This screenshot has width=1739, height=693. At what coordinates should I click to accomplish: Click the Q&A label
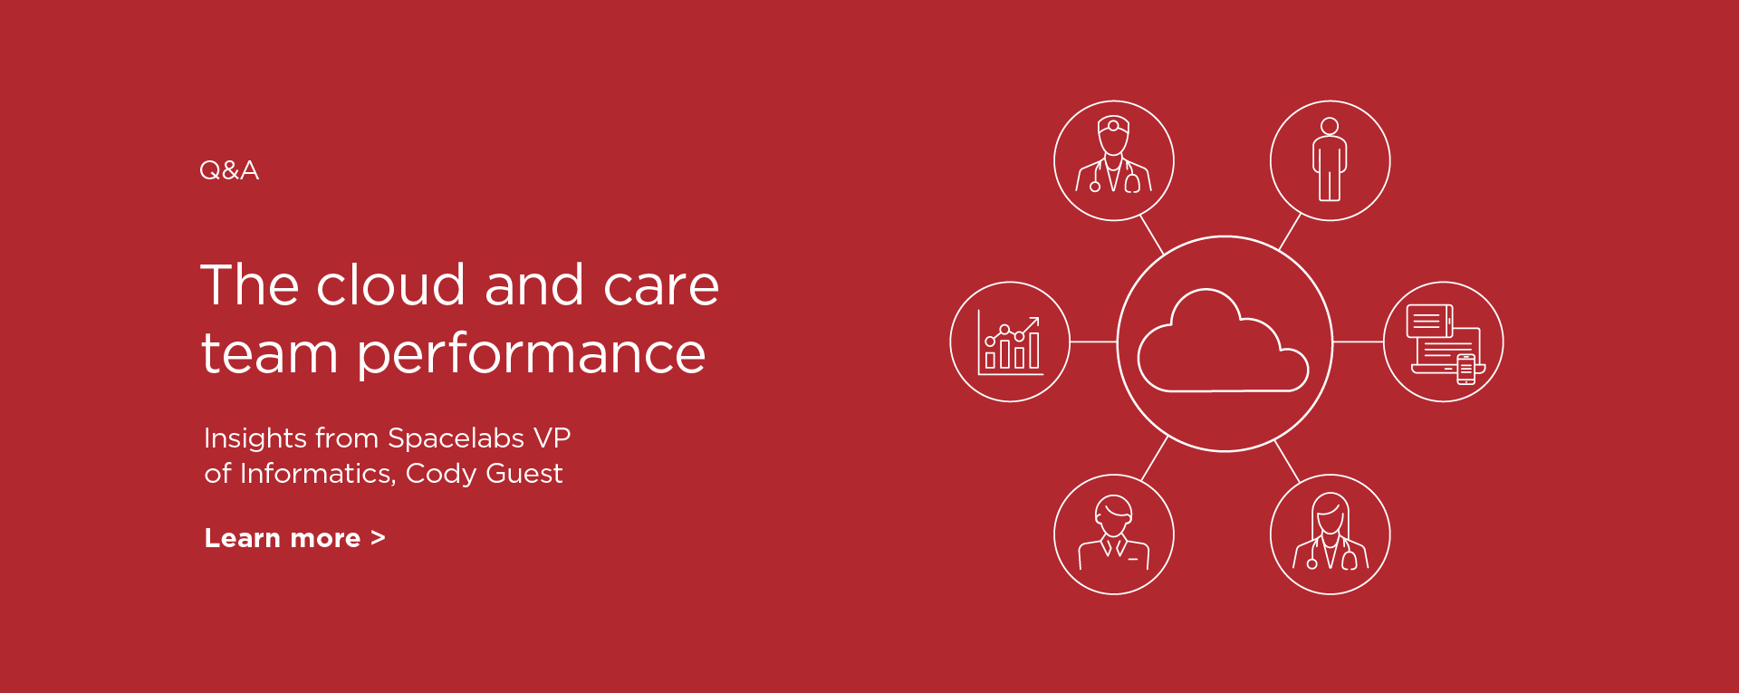229,170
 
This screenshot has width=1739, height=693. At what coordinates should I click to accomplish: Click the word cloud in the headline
390,284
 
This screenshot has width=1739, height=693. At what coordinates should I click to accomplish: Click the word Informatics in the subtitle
317,474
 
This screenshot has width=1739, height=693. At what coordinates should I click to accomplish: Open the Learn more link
294,538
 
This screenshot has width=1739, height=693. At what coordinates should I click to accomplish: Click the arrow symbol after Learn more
378,539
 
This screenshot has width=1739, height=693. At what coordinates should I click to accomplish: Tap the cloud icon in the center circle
1223,341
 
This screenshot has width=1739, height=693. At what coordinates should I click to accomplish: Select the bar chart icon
1010,342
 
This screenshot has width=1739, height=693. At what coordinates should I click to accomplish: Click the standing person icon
1330,159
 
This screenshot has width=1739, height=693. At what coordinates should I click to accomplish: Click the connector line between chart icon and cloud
1093,342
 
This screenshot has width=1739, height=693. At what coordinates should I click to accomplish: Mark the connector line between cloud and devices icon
1358,342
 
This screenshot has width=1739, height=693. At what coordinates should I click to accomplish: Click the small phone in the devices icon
1466,370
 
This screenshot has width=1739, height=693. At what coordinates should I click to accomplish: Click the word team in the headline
269,353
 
